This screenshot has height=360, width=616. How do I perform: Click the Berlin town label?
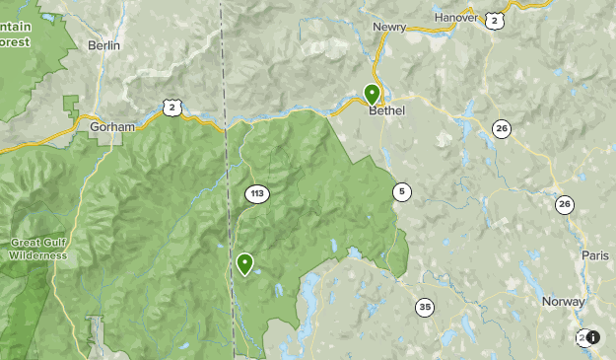[x=103, y=45]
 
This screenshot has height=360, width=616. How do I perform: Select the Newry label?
[x=390, y=27]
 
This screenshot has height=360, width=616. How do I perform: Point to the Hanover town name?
[x=454, y=16]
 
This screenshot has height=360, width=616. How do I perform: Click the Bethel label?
[x=386, y=110]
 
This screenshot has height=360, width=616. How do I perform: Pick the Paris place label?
[x=594, y=254]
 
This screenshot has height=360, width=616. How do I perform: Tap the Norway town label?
[x=564, y=301]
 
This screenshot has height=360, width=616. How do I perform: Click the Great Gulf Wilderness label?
[x=38, y=249]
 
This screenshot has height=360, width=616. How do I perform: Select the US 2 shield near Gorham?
[x=171, y=107]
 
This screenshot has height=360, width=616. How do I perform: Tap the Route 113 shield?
[x=256, y=193]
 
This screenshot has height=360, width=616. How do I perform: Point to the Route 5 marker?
[x=400, y=190]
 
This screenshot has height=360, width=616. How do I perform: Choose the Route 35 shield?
[x=424, y=306]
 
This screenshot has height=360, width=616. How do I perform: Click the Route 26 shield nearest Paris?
[x=563, y=204]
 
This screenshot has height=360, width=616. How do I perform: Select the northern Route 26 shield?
[x=502, y=128]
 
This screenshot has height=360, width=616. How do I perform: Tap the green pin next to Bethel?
[x=372, y=94]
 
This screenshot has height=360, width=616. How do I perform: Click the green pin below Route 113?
[x=244, y=263]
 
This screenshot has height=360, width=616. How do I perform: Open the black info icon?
[x=593, y=337]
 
